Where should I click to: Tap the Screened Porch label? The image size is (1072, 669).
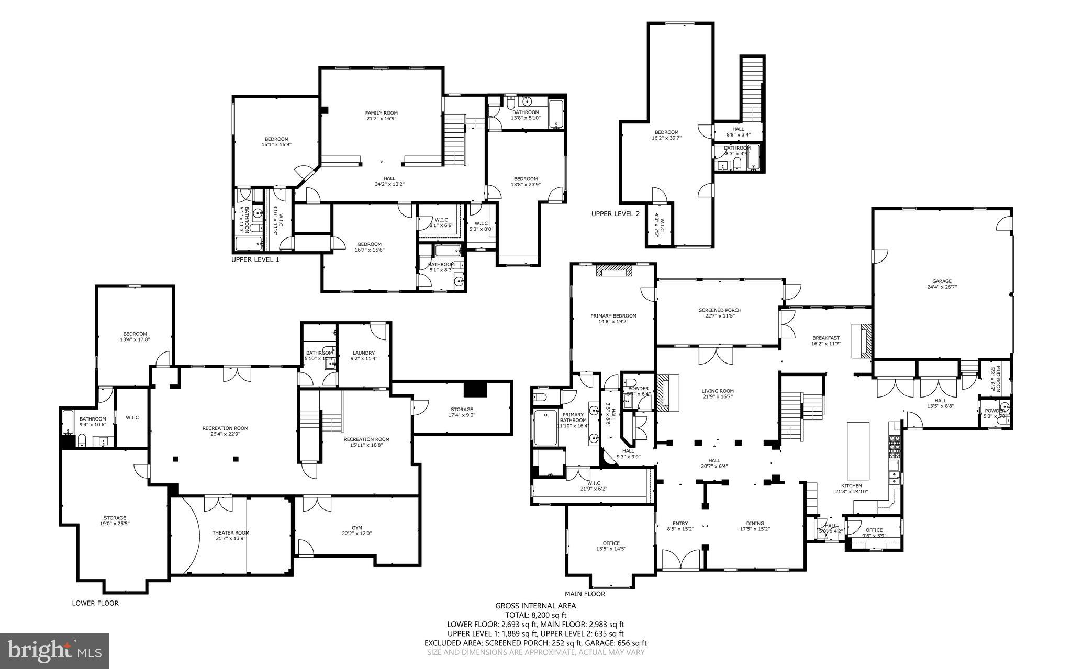tap(720, 310)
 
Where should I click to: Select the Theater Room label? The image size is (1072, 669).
tap(230, 532)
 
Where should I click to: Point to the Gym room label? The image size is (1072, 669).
tap(356, 528)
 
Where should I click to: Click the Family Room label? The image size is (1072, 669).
tap(381, 113)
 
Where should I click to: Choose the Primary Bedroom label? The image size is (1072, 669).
tap(613, 316)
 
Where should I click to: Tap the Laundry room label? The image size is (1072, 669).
tap(363, 353)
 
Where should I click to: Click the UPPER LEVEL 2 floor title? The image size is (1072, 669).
tap(615, 213)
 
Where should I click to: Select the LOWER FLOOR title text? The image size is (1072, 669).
tap(95, 603)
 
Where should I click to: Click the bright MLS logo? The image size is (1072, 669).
tap(54, 651)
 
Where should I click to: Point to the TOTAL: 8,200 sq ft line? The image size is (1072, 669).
tap(535, 615)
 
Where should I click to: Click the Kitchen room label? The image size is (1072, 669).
tap(851, 486)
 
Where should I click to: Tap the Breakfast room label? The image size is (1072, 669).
tap(826, 338)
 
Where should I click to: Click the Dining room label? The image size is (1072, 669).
tap(755, 523)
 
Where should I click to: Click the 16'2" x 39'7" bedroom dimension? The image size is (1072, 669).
tap(666, 138)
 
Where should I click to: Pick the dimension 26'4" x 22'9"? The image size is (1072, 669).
tap(225, 434)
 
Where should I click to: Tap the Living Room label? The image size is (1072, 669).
tap(717, 391)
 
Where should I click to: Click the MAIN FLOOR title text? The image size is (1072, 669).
tap(584, 594)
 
